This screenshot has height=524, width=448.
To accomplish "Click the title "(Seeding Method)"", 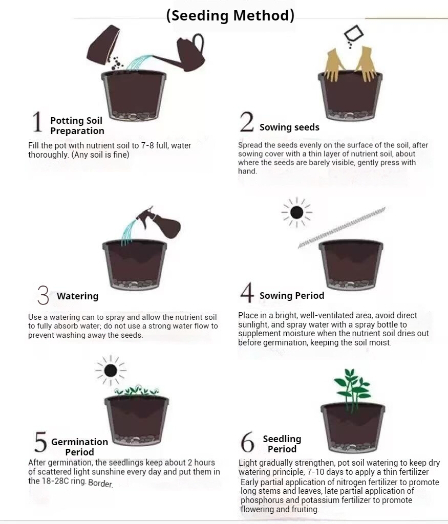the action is point(230,15).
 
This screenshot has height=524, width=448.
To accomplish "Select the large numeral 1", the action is point(37,122).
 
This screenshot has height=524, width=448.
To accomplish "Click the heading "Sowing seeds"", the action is point(289,127).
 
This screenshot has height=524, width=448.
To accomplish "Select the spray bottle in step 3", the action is point(160,222).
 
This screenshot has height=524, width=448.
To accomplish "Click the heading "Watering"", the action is point(77,296).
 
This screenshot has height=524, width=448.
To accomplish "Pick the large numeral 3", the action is point(43,295).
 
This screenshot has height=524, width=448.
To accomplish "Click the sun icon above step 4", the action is point(297,212).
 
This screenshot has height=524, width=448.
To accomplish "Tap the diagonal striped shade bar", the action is point(342,227).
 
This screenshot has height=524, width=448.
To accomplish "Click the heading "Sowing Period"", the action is point(292,295).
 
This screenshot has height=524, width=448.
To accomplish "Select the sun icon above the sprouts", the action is point(111,370).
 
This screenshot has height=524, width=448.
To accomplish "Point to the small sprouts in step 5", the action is point(137,390).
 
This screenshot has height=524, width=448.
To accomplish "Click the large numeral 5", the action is point(40,442).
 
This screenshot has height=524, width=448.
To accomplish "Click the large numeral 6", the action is point(247,442).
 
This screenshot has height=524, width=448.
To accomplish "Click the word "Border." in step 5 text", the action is point(100,484).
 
